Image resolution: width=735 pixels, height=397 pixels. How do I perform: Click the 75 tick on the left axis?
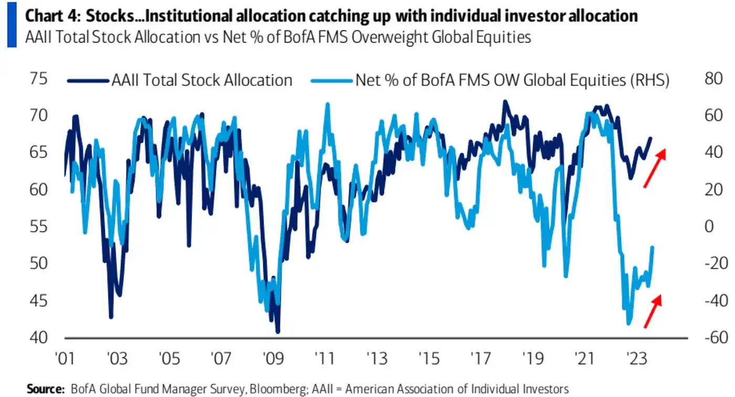[x=40, y=80]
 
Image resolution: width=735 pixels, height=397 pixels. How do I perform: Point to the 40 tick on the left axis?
[x=40, y=338]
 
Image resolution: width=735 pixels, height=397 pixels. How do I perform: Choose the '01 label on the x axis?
[x=65, y=359]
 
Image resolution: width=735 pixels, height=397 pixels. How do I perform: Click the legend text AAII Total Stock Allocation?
[x=202, y=80]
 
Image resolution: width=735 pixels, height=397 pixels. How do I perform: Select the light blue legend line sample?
[x=331, y=81]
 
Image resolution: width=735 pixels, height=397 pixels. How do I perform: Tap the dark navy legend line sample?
[x=88, y=81]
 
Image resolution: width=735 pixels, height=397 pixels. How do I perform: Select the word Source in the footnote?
[x=44, y=389]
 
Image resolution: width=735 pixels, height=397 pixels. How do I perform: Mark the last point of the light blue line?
[x=653, y=247]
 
